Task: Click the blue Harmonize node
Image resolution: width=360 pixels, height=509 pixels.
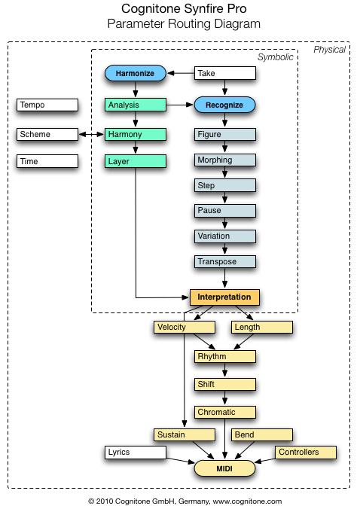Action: click(x=136, y=73)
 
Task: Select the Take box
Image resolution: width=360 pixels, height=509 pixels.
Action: click(x=225, y=73)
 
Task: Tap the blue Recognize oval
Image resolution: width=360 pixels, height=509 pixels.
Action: click(x=224, y=105)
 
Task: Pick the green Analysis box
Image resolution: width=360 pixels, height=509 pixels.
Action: click(x=136, y=105)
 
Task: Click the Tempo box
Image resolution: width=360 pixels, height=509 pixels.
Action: click(x=47, y=105)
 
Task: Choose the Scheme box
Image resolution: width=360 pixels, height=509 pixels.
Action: click(x=47, y=134)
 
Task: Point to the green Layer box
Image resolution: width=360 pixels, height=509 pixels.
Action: click(x=136, y=161)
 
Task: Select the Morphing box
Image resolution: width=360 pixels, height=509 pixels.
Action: click(x=225, y=160)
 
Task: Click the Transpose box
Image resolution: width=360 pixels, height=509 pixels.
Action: click(x=225, y=261)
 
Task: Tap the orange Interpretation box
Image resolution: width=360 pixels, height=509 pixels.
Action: click(x=224, y=297)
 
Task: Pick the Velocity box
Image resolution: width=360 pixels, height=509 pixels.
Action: click(x=185, y=328)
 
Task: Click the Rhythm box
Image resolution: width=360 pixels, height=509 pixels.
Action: click(x=225, y=356)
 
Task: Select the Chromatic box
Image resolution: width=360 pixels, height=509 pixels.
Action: click(x=225, y=413)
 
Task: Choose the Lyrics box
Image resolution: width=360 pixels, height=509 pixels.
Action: click(x=136, y=453)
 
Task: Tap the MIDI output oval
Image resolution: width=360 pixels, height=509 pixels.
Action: click(x=224, y=468)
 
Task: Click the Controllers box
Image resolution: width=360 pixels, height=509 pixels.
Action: click(x=306, y=453)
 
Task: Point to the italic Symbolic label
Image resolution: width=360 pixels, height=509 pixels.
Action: click(x=276, y=57)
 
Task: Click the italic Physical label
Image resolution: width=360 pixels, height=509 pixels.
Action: click(x=329, y=50)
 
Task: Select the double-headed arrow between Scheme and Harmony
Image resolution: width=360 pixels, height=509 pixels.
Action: click(x=91, y=134)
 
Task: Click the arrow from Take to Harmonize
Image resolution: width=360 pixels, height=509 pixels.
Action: click(x=181, y=73)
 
